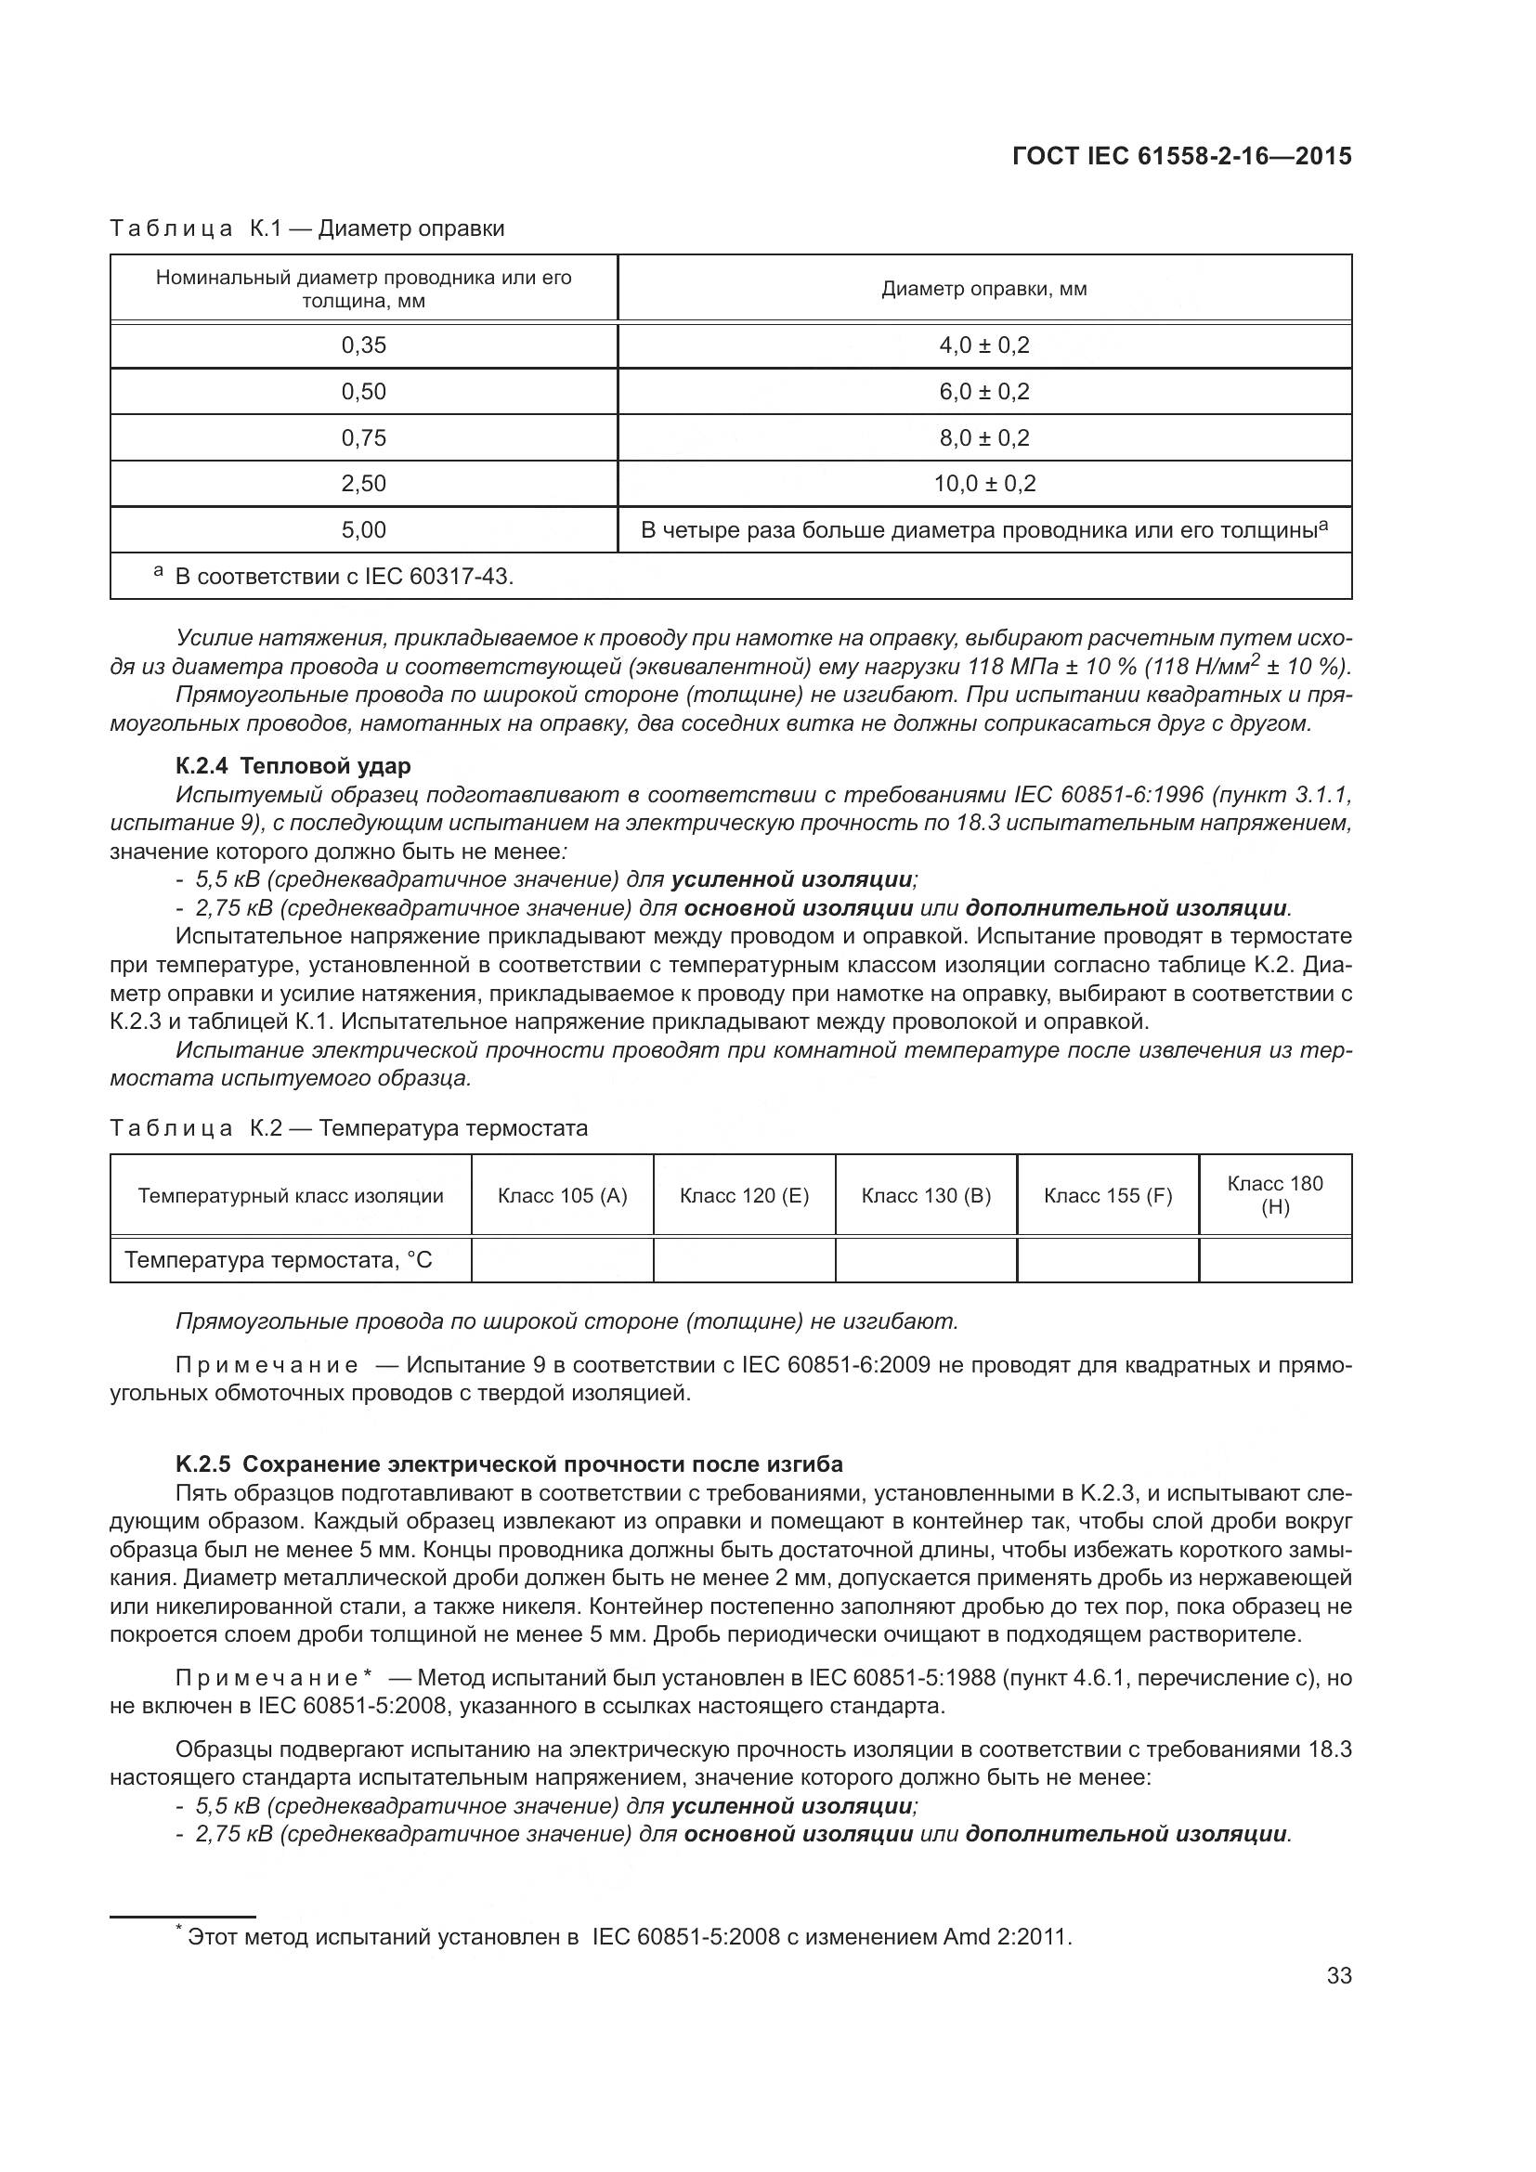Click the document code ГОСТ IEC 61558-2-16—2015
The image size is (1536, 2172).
(x=1181, y=156)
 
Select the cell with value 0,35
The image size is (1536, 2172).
(x=363, y=345)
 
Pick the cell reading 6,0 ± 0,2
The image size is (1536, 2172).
(x=983, y=392)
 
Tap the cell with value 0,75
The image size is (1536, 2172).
(x=363, y=438)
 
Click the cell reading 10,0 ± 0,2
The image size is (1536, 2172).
(x=983, y=484)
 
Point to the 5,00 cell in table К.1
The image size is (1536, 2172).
(x=363, y=529)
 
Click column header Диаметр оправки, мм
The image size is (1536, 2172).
(x=983, y=289)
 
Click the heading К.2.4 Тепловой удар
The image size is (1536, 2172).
(x=293, y=765)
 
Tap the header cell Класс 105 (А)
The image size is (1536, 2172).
(x=562, y=1196)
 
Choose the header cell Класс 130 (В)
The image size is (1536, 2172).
(x=925, y=1196)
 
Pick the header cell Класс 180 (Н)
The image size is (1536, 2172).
(x=1274, y=1195)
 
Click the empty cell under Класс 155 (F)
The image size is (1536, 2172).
(x=1107, y=1260)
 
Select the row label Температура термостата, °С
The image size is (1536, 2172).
(x=279, y=1260)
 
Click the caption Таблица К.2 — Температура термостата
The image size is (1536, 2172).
(x=349, y=1127)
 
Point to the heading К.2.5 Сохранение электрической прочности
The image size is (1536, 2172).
(x=509, y=1464)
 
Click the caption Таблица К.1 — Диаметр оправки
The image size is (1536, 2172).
(x=307, y=228)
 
